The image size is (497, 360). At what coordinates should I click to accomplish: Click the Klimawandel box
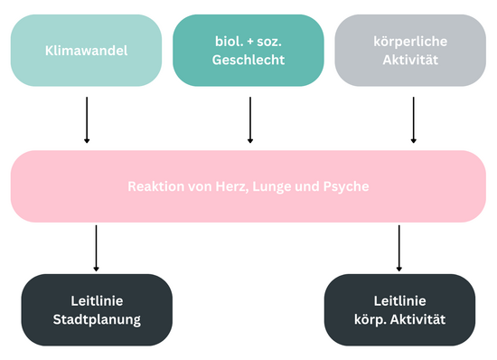pos(87,51)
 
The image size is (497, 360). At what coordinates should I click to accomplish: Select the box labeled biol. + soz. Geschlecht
pos(248,51)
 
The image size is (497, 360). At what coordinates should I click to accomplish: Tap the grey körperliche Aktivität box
pos(413,51)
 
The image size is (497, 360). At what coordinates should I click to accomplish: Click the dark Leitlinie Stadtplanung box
pos(96,310)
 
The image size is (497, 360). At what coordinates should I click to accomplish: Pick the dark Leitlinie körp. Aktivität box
pos(399,310)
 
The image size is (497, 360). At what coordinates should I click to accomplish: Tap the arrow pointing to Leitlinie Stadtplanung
pos(96,248)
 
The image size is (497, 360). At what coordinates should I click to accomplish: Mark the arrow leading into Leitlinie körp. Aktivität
pos(399,248)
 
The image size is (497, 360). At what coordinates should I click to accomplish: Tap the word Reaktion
pos(153,186)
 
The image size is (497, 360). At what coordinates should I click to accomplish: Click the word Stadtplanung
pos(96,320)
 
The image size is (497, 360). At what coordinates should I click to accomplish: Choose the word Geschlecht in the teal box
pos(248,60)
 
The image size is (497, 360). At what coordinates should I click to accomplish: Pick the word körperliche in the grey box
pos(413,42)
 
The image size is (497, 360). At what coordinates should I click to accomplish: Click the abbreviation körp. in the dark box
pos(371,320)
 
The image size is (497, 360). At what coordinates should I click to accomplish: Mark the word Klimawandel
pos(87,51)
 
